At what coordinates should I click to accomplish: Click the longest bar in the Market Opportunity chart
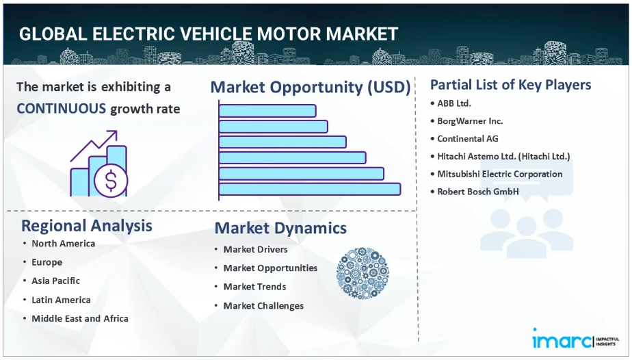pyautogui.click(x=310, y=189)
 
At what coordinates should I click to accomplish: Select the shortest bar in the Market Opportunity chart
pyautogui.click(x=267, y=111)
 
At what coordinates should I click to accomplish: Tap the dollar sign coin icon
pyautogui.click(x=111, y=180)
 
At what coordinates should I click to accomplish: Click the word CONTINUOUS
pyautogui.click(x=62, y=108)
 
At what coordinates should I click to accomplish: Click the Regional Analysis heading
pyautogui.click(x=87, y=226)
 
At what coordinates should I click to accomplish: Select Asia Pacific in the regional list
pyautogui.click(x=55, y=281)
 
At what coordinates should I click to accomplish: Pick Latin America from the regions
pyautogui.click(x=61, y=300)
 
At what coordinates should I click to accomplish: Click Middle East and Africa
pyautogui.click(x=80, y=318)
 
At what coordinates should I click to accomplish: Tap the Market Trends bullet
pyautogui.click(x=254, y=287)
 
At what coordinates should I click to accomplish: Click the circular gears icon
pyautogui.click(x=363, y=273)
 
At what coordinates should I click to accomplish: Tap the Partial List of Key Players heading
pyautogui.click(x=511, y=85)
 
